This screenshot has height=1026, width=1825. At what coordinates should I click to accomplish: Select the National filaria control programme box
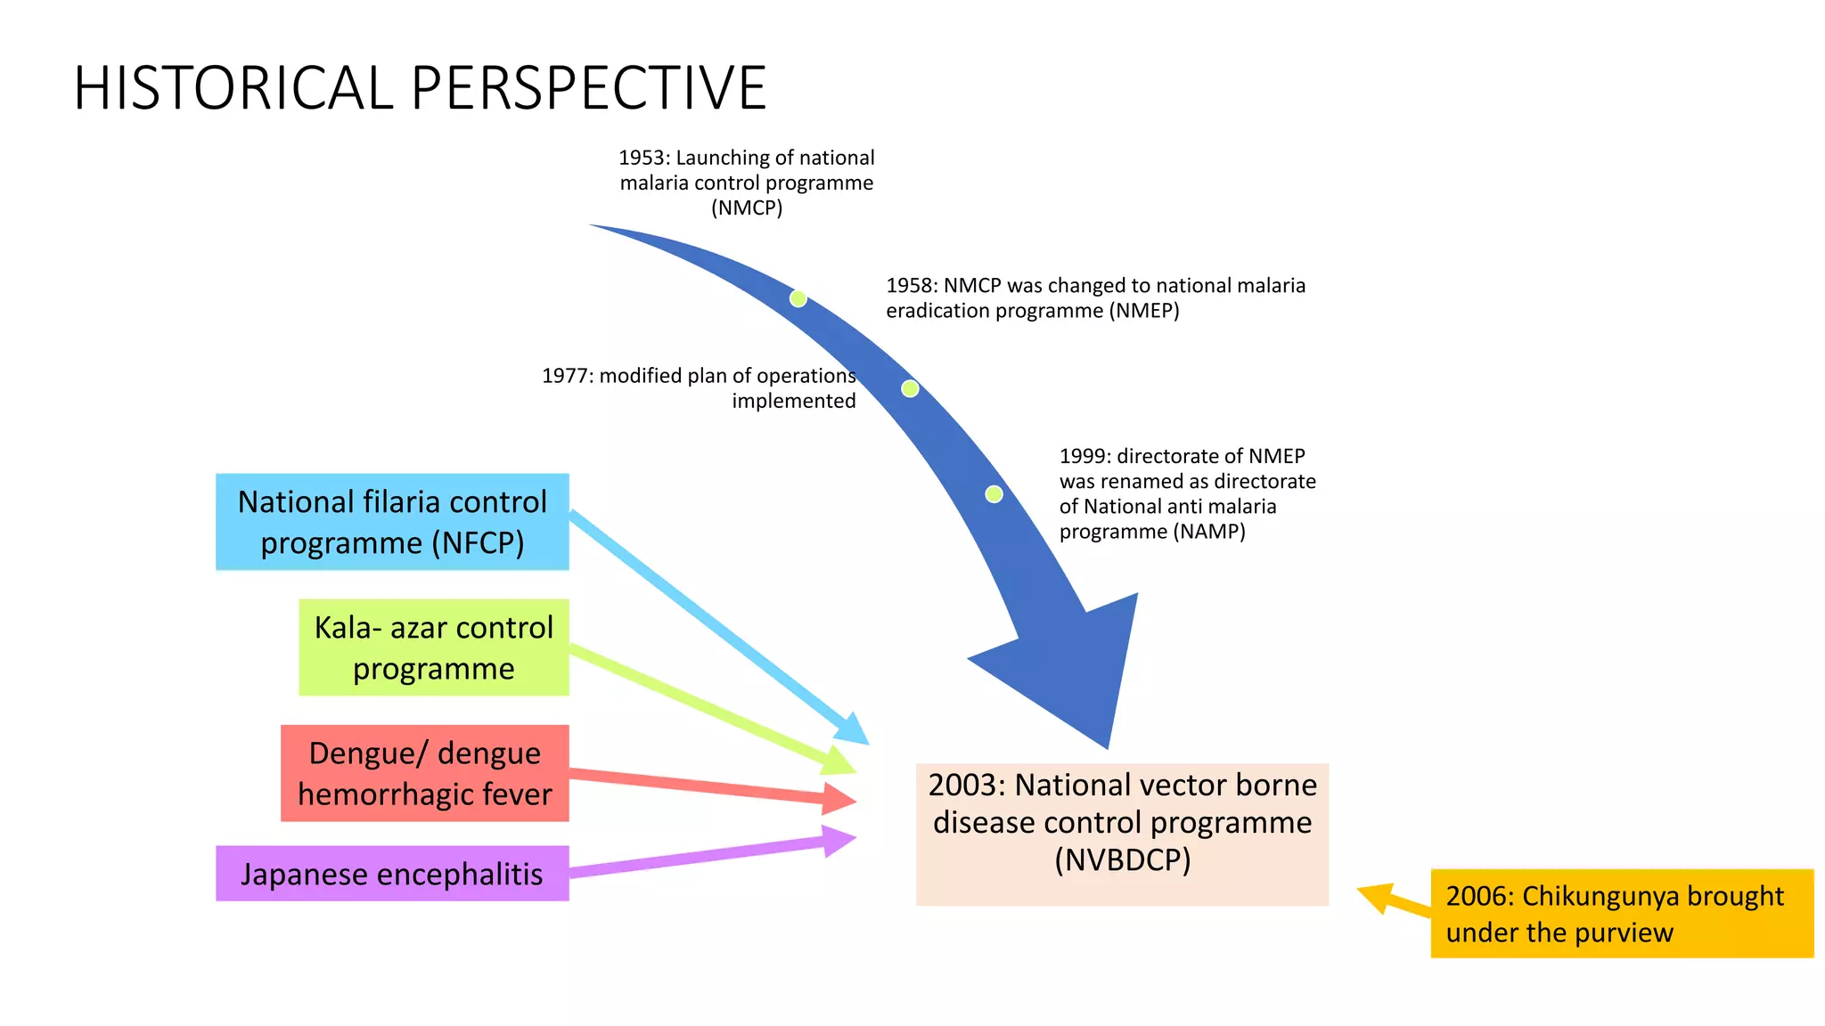pyautogui.click(x=392, y=522)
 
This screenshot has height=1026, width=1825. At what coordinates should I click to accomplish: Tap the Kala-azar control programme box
pyautogui.click(x=433, y=647)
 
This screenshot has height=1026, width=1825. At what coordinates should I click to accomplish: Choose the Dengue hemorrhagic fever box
pyautogui.click(x=424, y=773)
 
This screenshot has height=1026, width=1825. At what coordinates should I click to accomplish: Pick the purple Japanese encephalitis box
pyautogui.click(x=392, y=874)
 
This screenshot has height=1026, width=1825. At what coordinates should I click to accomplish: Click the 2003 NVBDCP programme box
pyautogui.click(x=1122, y=834)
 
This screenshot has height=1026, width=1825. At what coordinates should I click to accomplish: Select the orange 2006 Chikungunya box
pyautogui.click(x=1621, y=914)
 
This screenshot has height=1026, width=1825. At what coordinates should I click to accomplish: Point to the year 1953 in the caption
pyautogui.click(x=642, y=159)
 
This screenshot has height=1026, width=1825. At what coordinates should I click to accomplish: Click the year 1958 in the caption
pyautogui.click(x=911, y=286)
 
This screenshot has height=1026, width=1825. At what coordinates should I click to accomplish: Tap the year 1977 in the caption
pyautogui.click(x=567, y=376)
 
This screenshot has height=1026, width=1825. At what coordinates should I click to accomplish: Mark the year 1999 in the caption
pyautogui.click(x=1084, y=457)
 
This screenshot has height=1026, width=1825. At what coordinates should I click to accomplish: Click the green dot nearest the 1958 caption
pyautogui.click(x=798, y=299)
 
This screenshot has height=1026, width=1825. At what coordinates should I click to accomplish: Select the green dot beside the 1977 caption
pyautogui.click(x=910, y=389)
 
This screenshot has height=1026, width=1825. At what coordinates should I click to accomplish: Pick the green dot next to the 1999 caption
pyautogui.click(x=994, y=494)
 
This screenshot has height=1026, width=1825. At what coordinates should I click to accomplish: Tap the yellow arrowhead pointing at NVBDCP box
pyautogui.click(x=1377, y=897)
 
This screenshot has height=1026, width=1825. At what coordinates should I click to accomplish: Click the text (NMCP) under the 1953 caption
pyautogui.click(x=747, y=208)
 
